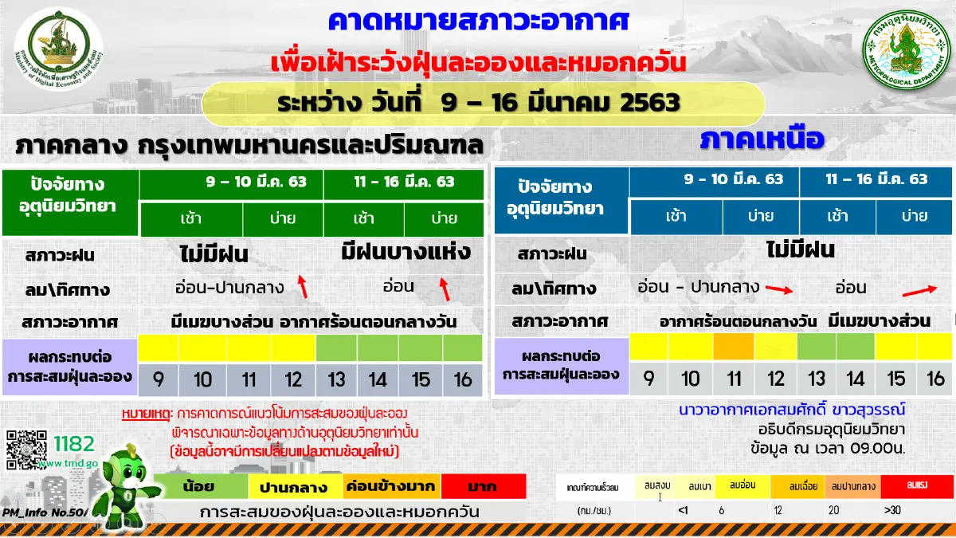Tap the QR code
point(25,450)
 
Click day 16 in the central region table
point(463,379)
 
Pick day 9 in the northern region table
point(649,379)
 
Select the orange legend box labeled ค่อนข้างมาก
point(390,485)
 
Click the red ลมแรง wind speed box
point(914,485)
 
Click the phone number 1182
point(74,444)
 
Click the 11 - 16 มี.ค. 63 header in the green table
point(404,182)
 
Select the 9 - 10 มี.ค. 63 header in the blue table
point(714,179)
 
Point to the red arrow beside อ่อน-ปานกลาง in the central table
point(302,285)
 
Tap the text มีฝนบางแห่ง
point(406,253)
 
